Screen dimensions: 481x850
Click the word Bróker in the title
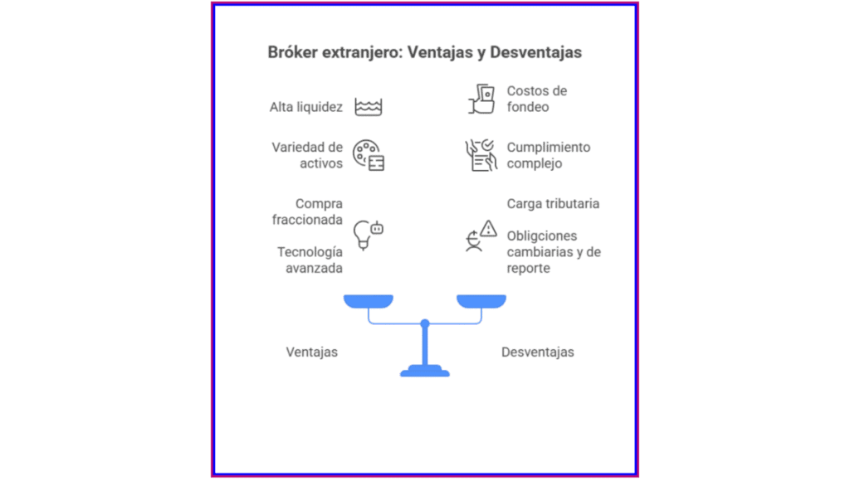click(x=291, y=52)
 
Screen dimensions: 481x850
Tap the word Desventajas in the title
click(x=535, y=52)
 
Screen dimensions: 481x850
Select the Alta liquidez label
click(x=306, y=107)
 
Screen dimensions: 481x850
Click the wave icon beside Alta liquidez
click(x=369, y=107)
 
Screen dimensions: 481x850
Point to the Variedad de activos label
click(x=307, y=155)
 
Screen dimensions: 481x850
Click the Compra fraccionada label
click(x=307, y=211)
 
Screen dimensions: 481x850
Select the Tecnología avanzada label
click(x=310, y=260)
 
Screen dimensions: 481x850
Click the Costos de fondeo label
click(x=536, y=99)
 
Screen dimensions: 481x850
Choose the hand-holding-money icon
click(x=481, y=99)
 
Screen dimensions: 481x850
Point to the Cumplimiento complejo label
click(x=548, y=155)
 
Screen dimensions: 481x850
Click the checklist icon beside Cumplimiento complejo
click(x=481, y=155)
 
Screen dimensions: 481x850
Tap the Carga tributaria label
click(x=553, y=203)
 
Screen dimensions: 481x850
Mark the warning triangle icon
click(x=488, y=228)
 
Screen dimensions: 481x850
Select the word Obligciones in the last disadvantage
click(x=542, y=236)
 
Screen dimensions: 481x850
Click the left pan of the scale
click(x=368, y=301)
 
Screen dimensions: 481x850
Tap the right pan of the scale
click(x=481, y=301)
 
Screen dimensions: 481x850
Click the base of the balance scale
click(x=424, y=373)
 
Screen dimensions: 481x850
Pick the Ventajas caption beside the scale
click(x=312, y=352)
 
